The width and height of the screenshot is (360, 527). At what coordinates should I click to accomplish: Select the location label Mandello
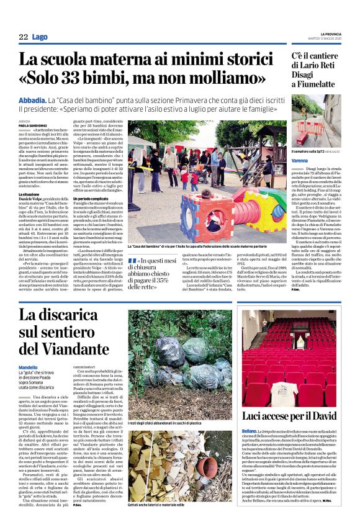tap(31, 368)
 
